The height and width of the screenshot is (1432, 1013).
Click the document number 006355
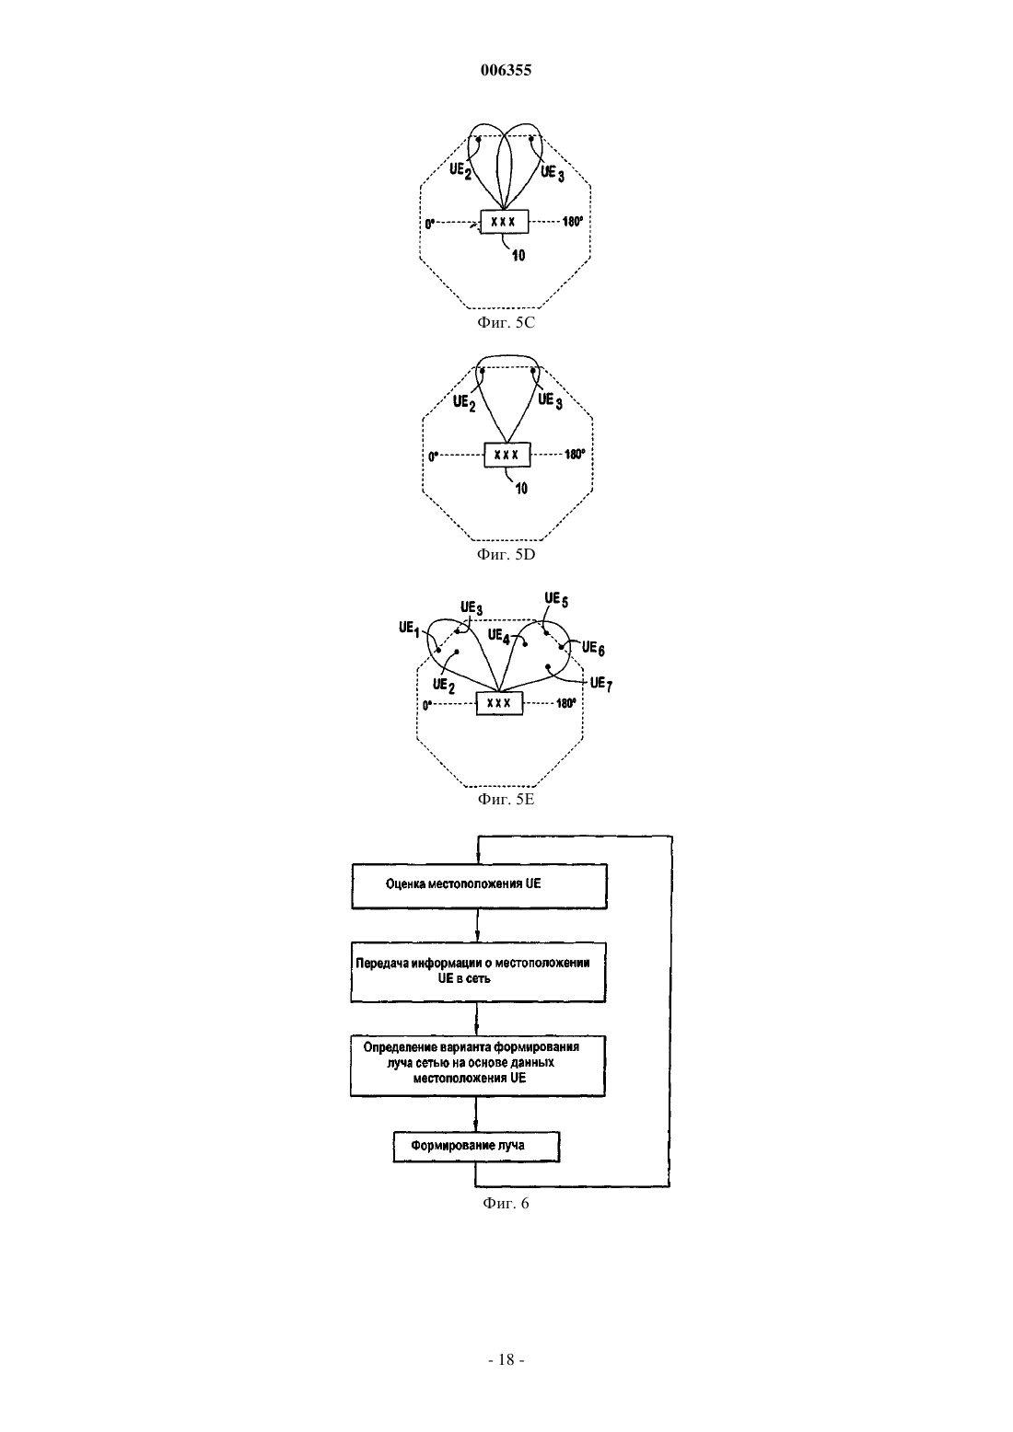pos(506,70)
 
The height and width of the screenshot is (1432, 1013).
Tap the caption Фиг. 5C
pos(506,322)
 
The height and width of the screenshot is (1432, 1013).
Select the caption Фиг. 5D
pos(506,554)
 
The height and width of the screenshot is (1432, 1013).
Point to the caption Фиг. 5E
pos(506,799)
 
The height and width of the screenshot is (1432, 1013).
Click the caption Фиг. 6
pos(506,1203)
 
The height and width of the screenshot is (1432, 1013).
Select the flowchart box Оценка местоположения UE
pos(479,886)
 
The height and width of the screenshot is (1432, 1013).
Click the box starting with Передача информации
pos(478,972)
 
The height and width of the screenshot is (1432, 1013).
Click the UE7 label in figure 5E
pos(601,684)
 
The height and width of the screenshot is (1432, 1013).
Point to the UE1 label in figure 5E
pos(409,629)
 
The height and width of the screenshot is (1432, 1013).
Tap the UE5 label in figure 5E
pos(556,599)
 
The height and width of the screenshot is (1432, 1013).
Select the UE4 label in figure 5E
pos(499,635)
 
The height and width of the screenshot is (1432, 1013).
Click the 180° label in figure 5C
pos(573,222)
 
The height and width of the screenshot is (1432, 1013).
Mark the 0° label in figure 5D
pos(433,456)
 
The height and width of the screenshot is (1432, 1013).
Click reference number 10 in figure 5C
pos(518,256)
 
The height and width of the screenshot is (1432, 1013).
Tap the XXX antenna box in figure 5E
pos(499,703)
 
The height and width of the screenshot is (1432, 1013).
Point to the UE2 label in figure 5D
pos(464,403)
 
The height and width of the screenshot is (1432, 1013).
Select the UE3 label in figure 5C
pos(553,173)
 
